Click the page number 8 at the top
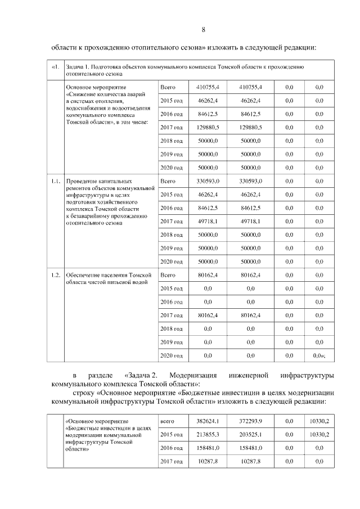(x=203, y=30)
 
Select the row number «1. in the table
(x=55, y=67)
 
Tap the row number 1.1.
(x=55, y=182)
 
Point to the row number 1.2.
(x=55, y=275)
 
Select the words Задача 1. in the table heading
(x=78, y=67)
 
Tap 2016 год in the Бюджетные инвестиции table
(x=172, y=448)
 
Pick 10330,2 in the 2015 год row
(x=319, y=435)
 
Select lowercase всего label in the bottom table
(x=167, y=421)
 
